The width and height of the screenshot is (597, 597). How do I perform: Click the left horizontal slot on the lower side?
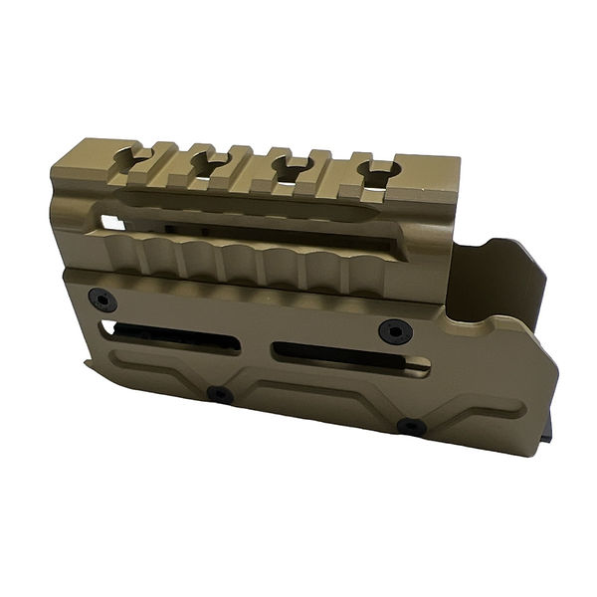click(175, 338)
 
